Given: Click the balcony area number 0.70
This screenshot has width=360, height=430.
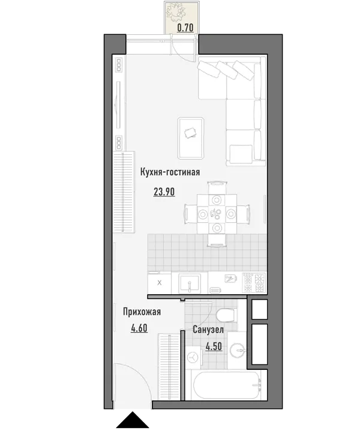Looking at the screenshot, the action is coord(185,28).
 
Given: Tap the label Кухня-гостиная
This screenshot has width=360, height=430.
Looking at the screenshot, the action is coord(170,172).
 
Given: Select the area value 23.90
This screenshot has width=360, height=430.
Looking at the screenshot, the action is coord(164,192).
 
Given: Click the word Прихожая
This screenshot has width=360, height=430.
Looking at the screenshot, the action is coord(142,312).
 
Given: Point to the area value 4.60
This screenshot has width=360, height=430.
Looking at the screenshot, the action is coord(139,328).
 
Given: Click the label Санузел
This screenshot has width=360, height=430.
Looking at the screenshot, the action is coord(208,329).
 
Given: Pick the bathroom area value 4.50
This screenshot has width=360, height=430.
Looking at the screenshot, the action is coord(214,347).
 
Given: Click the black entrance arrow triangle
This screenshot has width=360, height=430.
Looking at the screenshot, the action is coord(133,420).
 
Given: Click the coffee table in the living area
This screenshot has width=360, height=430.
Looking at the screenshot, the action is coord(191,138).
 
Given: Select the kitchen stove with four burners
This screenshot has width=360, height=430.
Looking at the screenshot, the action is coord(254,283).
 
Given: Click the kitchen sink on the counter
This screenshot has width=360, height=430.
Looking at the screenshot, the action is coord(190,283).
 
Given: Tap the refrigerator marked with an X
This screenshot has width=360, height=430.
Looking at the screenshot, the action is coord(160,283).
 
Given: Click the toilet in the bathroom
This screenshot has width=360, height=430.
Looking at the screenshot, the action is coord(227,315).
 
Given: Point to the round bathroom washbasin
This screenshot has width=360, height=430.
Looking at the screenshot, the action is coord(237,350).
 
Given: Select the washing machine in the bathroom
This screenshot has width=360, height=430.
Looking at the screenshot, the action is coord(193,357).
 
